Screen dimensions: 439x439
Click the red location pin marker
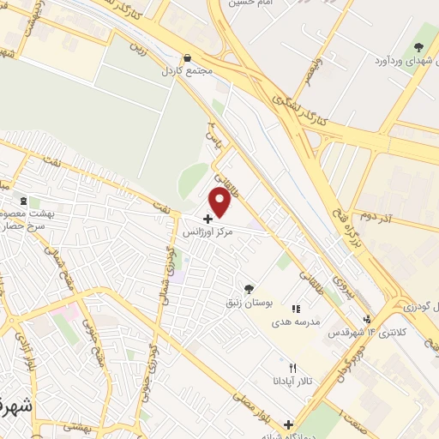pos(220,201)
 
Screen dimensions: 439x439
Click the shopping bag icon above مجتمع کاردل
pos(186,59)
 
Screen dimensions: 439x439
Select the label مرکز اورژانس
pos(208,232)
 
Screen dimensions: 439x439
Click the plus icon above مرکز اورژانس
pos(208,219)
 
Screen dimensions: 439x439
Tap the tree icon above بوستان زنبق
pos(249,289)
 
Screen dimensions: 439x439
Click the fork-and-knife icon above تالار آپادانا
pos(293,368)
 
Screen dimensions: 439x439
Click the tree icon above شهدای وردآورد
pos(418,47)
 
